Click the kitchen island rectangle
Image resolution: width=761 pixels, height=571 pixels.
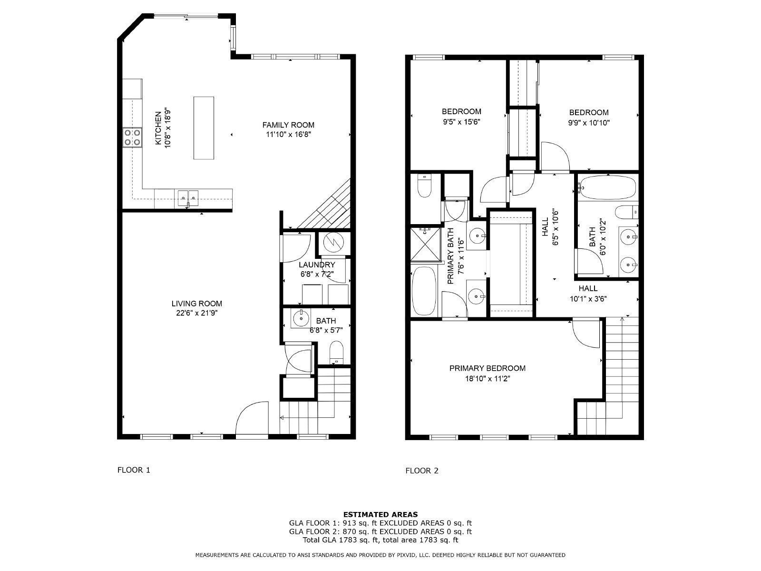pyautogui.click(x=204, y=128)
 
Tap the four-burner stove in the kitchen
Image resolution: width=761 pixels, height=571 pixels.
pyautogui.click(x=132, y=137)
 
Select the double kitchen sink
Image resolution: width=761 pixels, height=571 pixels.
pyautogui.click(x=188, y=198)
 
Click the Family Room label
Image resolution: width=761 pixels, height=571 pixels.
pyautogui.click(x=288, y=125)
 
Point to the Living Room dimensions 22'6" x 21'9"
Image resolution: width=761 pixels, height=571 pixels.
pyautogui.click(x=196, y=313)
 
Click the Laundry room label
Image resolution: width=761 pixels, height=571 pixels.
pyautogui.click(x=317, y=265)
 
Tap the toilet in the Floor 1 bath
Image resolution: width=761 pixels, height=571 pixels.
pyautogui.click(x=336, y=352)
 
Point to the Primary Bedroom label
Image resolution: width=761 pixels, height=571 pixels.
pyautogui.click(x=488, y=368)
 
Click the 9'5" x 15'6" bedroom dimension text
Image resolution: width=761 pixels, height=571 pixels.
pyautogui.click(x=461, y=122)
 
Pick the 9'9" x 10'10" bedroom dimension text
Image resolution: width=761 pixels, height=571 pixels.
pyautogui.click(x=589, y=122)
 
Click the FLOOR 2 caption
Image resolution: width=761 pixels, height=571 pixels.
pyautogui.click(x=422, y=471)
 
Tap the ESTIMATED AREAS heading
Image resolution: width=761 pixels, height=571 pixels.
pyautogui.click(x=380, y=514)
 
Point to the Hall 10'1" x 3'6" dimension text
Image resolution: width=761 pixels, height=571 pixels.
pyautogui.click(x=588, y=299)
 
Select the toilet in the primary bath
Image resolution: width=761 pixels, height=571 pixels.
pyautogui.click(x=424, y=186)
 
